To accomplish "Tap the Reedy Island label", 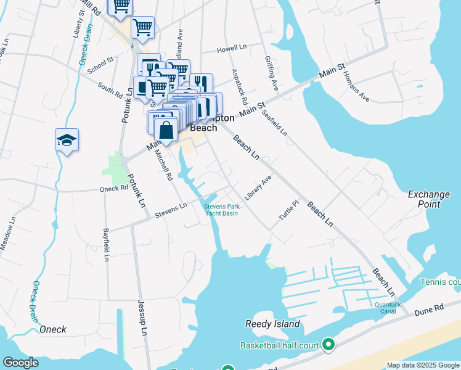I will [x=272, y=324].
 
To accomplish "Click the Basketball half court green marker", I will [x=328, y=345].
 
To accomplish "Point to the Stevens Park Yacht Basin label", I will [x=221, y=210].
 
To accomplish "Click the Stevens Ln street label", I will [x=170, y=210].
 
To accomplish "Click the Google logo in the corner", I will [x=20, y=363].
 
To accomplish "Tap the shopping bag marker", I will [x=166, y=130].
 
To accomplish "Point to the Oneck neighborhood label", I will [x=53, y=329].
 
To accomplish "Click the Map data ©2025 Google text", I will [x=423, y=365].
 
